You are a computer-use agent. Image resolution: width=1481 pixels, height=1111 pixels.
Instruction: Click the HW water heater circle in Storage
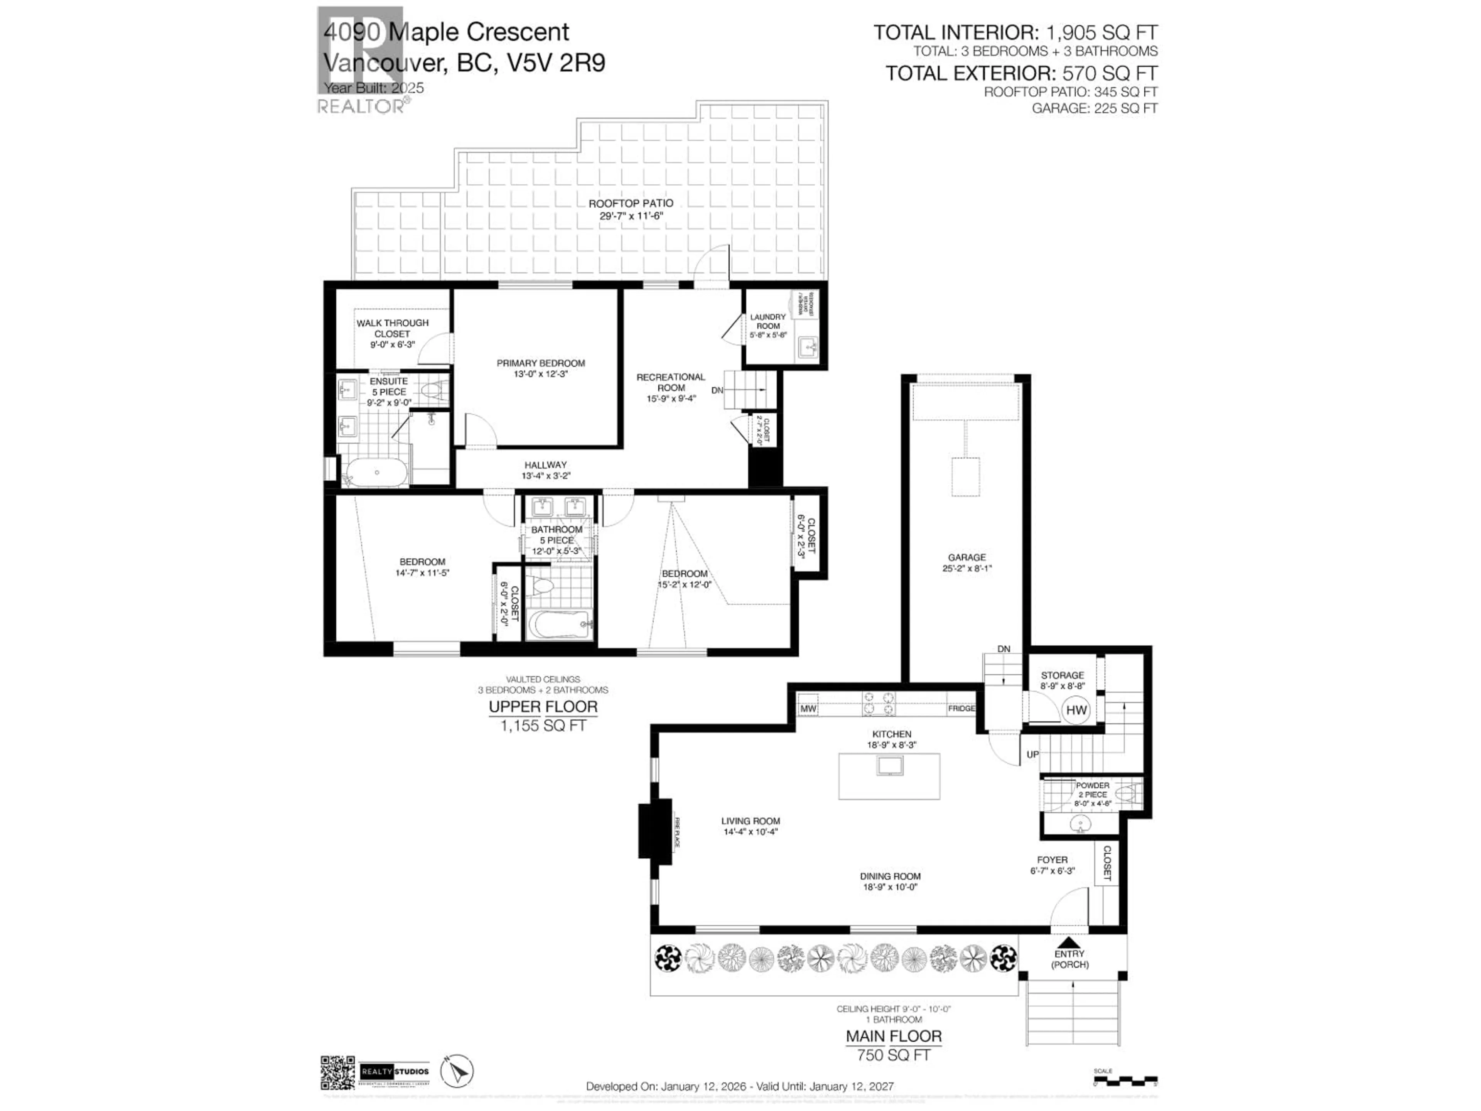point(1076,711)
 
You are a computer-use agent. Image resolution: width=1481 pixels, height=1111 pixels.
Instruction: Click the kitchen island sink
point(890,765)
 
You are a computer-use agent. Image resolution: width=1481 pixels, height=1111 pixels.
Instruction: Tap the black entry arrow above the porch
point(1069,942)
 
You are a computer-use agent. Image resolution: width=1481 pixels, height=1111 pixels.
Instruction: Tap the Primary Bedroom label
point(540,363)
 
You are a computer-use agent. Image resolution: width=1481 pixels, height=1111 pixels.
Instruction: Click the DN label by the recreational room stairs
point(717,390)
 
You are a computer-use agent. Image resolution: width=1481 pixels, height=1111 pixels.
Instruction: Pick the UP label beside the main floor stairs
point(1032,754)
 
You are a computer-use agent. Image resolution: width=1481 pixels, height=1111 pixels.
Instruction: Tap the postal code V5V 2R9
point(557,63)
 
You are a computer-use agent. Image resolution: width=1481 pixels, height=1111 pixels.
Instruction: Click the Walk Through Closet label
point(392,328)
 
